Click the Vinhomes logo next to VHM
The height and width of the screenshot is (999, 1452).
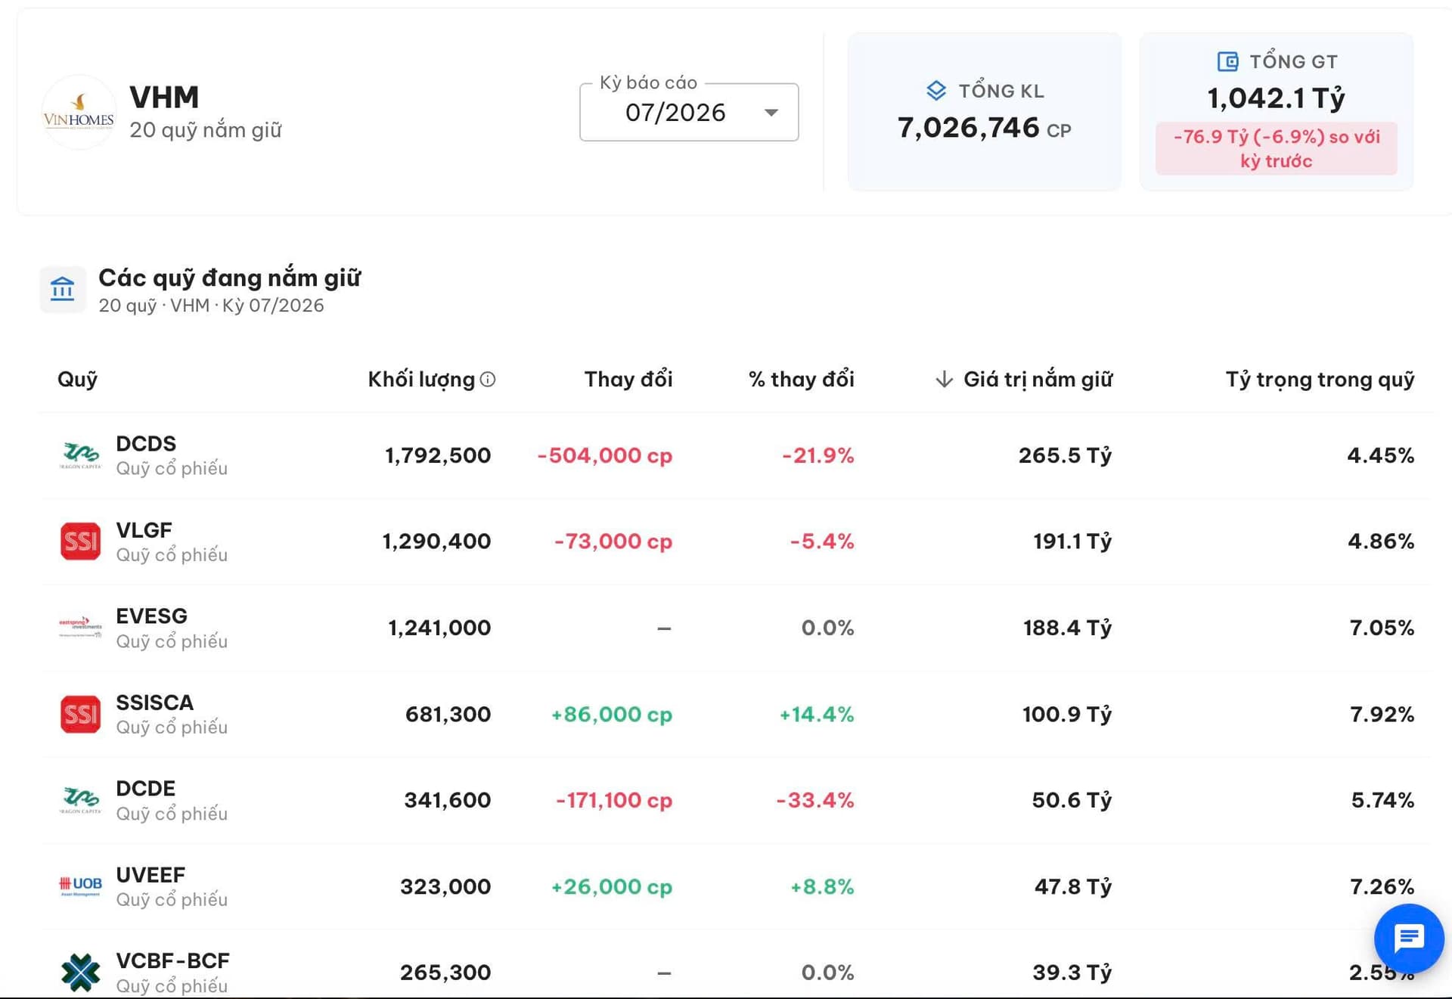[79, 112]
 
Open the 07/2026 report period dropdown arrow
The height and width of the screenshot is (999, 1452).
[771, 113]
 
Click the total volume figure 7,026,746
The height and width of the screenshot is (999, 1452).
[968, 128]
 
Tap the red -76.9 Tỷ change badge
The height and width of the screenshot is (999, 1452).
[1276, 148]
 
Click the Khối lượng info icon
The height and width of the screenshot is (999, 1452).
[488, 379]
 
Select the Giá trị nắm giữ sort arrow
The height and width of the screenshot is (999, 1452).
[943, 379]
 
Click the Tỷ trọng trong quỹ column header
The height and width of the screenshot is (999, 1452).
[1320, 379]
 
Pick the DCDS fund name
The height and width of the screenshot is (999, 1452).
[146, 443]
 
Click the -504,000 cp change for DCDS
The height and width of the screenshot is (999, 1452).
[604, 455]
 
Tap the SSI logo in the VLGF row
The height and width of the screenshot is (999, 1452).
[80, 541]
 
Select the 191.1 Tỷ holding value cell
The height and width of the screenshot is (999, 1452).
[1072, 541]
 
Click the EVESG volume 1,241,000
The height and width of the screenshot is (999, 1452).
[439, 628]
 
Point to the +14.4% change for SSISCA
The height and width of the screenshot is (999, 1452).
[817, 714]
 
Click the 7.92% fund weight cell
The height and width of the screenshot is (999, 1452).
[1382, 714]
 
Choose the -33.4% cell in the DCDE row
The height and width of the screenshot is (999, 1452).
[815, 800]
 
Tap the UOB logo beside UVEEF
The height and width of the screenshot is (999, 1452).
[80, 886]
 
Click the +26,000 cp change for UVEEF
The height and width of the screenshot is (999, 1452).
[611, 886]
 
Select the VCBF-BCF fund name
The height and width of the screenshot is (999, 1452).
[172, 960]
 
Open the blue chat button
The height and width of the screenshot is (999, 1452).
[1409, 939]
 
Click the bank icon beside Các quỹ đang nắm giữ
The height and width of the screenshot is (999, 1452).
[63, 289]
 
